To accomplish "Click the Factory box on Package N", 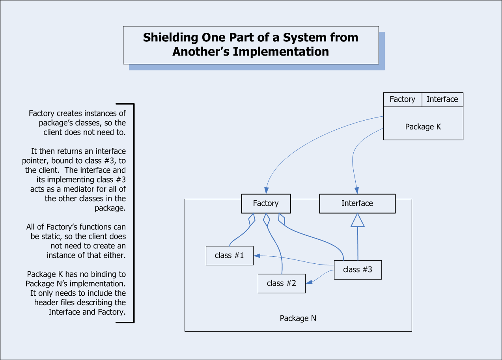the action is point(266,203).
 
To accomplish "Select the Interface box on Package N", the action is point(357,203).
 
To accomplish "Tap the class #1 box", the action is point(230,256).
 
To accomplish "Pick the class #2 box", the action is point(282,284).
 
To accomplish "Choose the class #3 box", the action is point(358,270).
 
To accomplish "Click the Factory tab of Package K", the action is point(403,99).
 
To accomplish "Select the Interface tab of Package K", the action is point(442,99).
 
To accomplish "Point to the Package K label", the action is point(423,127).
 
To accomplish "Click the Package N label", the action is point(298,318).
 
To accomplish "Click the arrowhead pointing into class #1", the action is point(257,256).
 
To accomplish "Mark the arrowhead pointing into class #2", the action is point(309,282).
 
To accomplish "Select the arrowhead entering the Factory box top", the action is point(266,190).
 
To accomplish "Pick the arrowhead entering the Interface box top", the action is point(356,190).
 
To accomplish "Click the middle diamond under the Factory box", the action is point(266,220).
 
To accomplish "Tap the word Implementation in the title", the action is point(281,52).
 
